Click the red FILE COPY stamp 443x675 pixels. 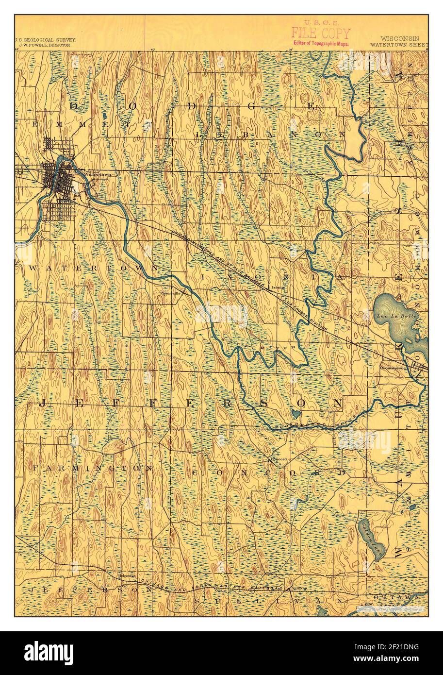pos(320,33)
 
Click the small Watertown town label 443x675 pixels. pos(98,174)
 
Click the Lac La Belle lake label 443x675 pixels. pos(390,316)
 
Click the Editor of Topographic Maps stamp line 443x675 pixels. pos(320,43)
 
